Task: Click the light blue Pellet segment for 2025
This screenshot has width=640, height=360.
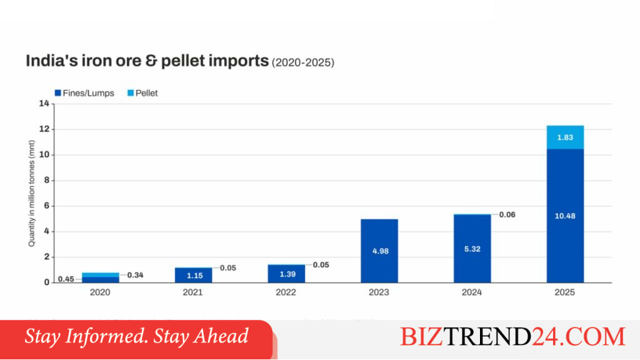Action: tap(565, 137)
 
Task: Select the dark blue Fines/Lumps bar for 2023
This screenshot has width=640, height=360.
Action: tap(379, 251)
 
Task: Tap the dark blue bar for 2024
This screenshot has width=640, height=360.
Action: tap(472, 249)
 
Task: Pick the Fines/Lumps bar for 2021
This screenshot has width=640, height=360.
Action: tap(194, 276)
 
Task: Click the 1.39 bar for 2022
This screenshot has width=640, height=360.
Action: tap(286, 274)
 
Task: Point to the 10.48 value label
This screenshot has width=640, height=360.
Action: tap(565, 216)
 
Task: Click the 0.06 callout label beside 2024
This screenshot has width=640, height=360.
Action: tap(507, 215)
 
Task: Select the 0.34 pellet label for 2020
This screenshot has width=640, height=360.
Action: tap(135, 275)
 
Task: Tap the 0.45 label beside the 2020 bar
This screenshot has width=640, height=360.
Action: tap(66, 279)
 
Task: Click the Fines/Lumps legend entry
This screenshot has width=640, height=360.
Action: tap(84, 93)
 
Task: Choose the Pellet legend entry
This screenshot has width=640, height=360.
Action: tap(142, 93)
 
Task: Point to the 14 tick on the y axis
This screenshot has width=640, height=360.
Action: tap(44, 104)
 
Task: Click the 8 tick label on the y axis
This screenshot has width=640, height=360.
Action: tap(46, 180)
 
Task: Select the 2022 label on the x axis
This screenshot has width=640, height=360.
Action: tap(286, 292)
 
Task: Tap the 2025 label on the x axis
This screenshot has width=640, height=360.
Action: tap(564, 292)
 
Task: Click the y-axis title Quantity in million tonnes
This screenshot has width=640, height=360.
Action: tap(31, 194)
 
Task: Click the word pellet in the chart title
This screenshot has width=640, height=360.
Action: tap(183, 61)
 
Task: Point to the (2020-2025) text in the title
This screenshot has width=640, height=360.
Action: tap(303, 62)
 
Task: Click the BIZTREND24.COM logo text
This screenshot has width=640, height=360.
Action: tap(512, 337)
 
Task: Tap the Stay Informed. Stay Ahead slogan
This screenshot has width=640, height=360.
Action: tap(136, 337)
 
